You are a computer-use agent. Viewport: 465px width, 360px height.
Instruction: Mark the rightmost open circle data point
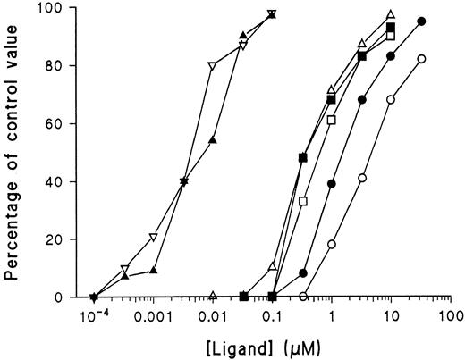pos(421,59)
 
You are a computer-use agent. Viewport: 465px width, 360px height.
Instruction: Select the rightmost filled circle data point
pos(421,21)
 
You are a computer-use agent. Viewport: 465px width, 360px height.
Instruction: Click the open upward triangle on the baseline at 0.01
pos(213,295)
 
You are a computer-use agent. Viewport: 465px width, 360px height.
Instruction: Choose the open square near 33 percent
pos(302,201)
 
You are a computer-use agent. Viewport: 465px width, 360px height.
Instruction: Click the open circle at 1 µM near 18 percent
pos(332,244)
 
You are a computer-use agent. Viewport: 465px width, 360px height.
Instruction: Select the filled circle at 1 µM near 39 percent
pos(332,183)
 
